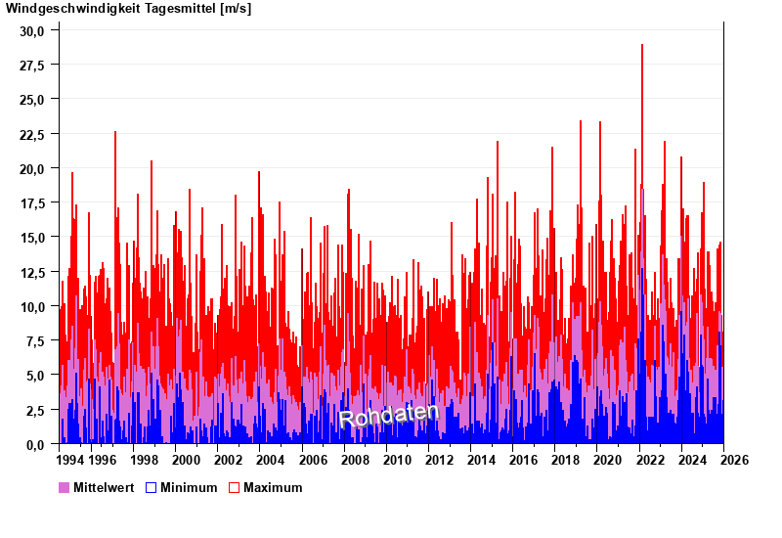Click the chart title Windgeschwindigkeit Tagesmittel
[111, 9]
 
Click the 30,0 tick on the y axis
[32, 30]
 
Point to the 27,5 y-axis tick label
[32, 66]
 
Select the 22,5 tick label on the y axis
[32, 134]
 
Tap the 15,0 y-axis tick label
[32, 238]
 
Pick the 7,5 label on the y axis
[35, 341]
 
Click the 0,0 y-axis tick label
[35, 445]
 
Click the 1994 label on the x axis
[70, 460]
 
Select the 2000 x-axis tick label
[186, 460]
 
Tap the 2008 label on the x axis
[355, 460]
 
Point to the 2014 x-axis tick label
[481, 460]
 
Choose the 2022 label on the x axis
[650, 460]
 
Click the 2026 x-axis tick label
[734, 460]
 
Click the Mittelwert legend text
[103, 487]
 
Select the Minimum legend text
[189, 487]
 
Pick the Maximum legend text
[273, 487]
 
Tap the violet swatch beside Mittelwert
[65, 487]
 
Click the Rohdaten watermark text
[389, 416]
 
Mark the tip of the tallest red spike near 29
[642, 45]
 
